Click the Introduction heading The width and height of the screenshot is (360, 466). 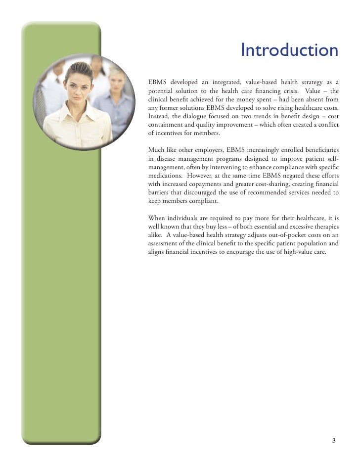pos(289,50)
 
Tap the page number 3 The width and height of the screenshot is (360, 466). pos(334,441)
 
